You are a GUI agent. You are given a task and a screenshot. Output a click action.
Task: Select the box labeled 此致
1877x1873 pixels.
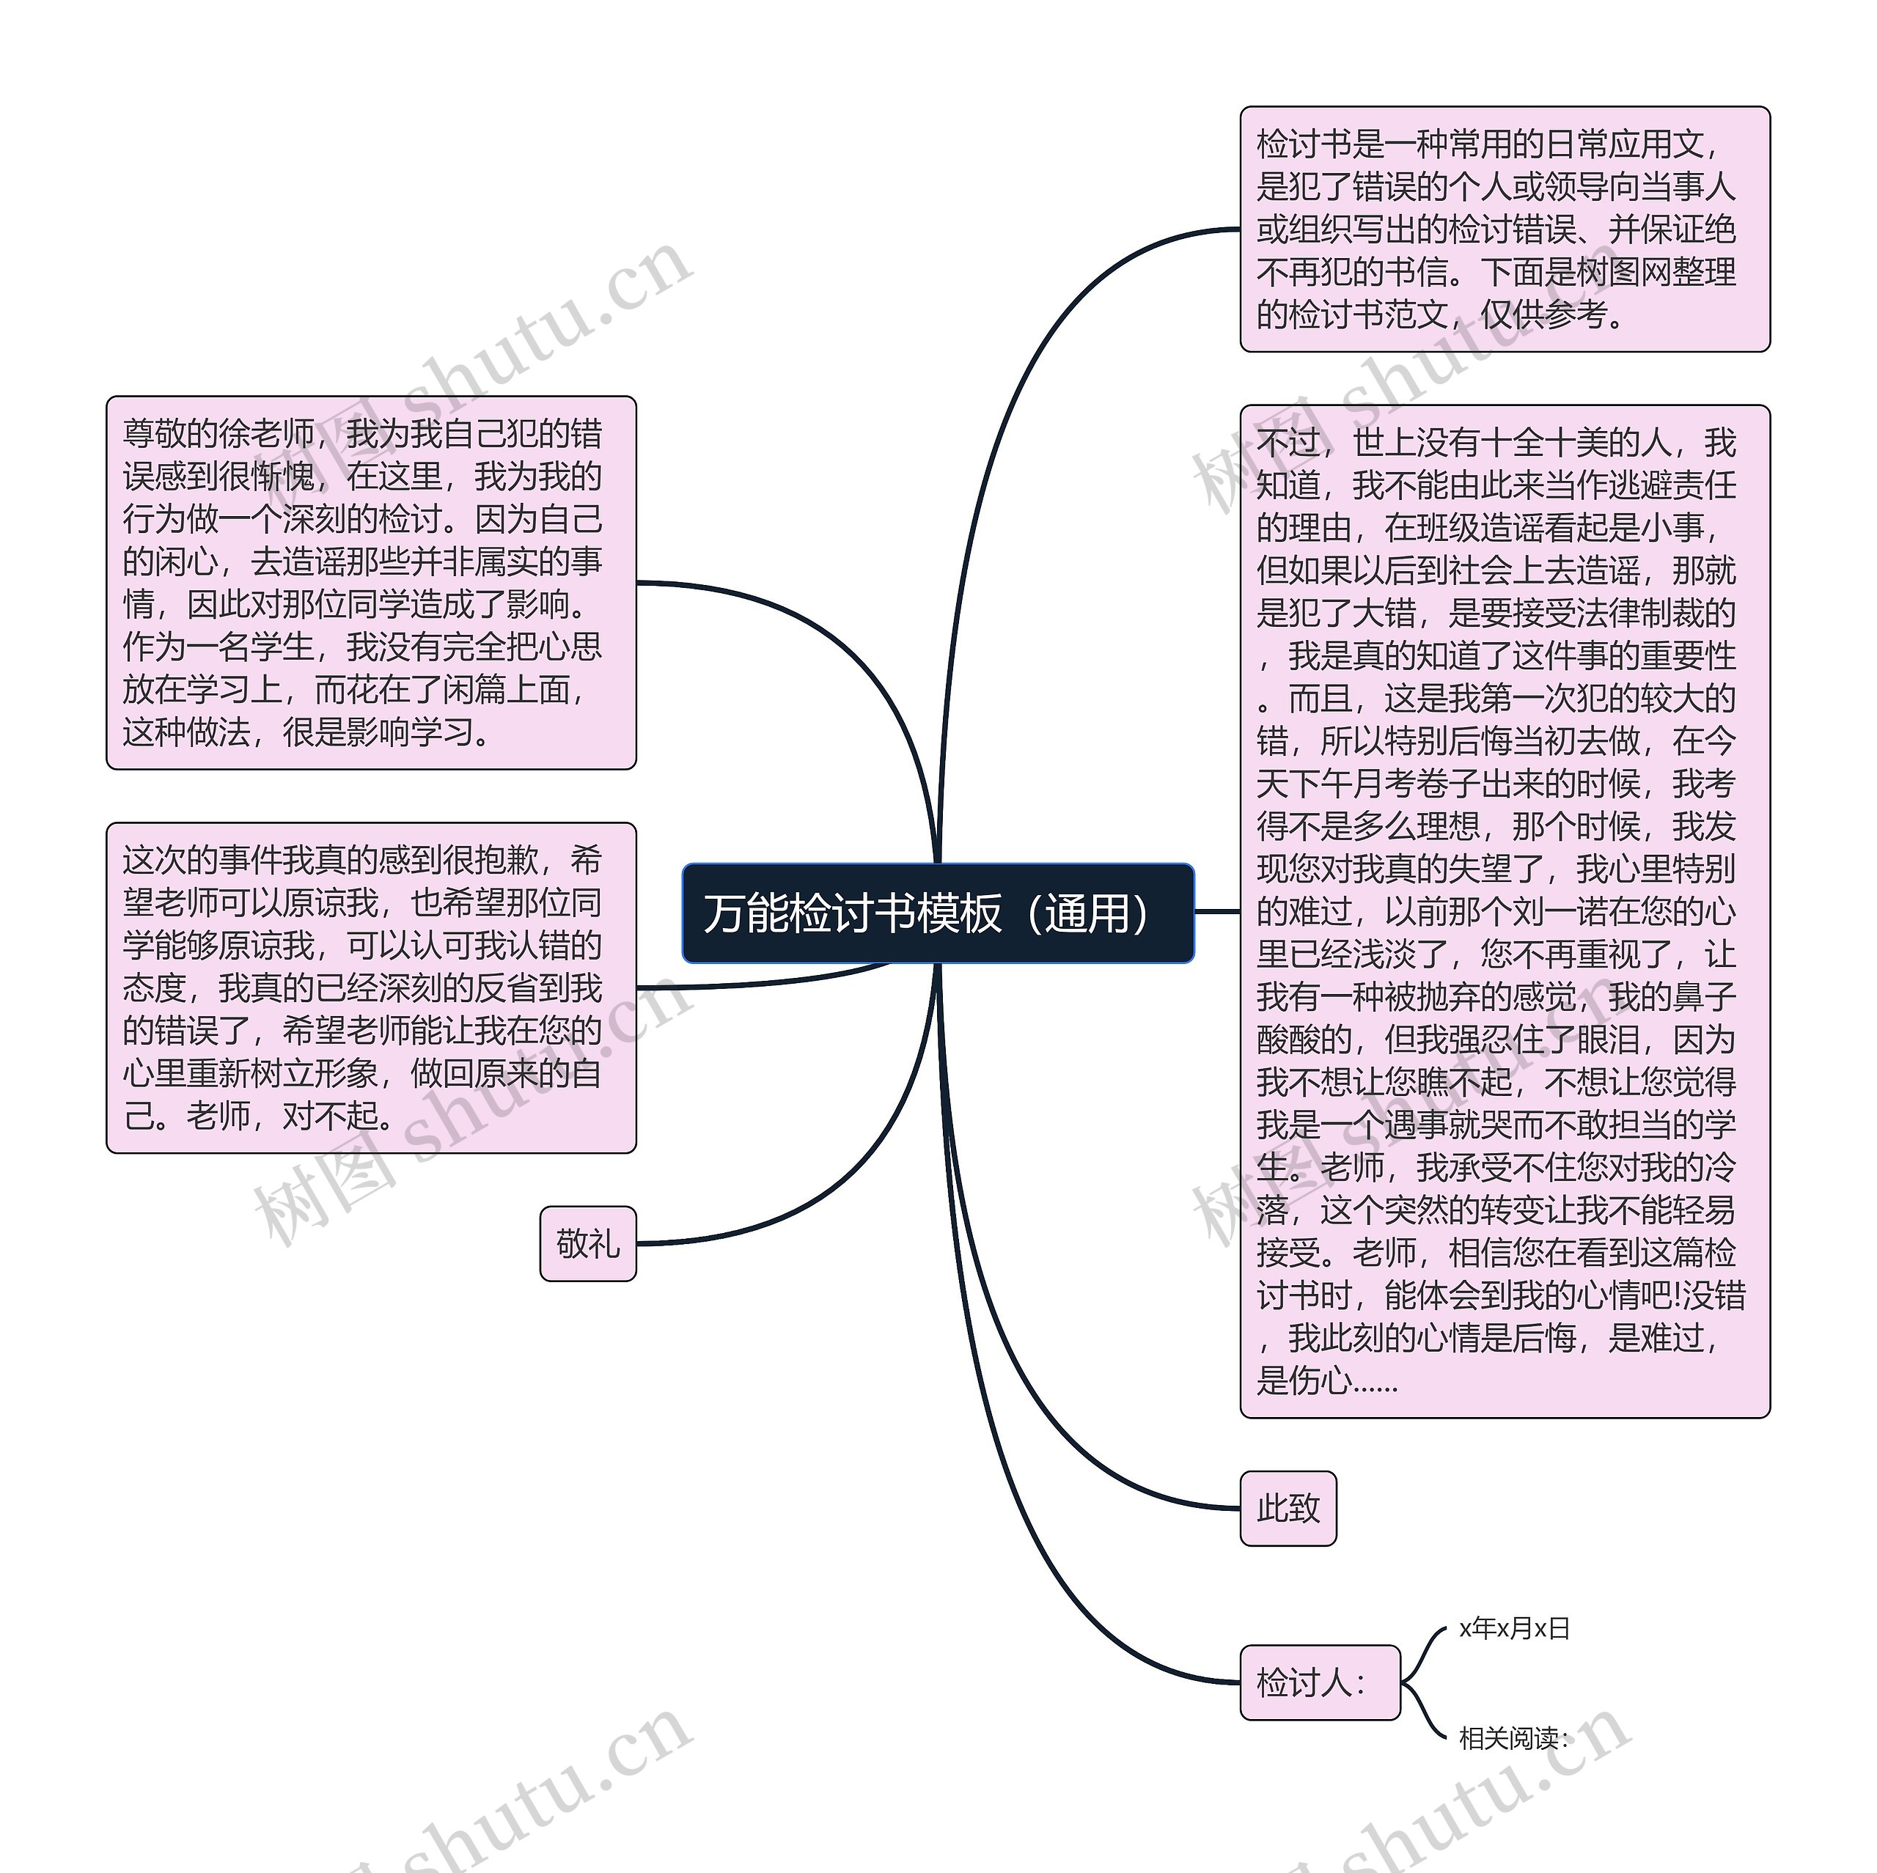click(x=1288, y=1509)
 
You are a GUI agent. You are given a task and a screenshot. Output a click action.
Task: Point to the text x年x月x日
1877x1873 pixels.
click(x=1513, y=1628)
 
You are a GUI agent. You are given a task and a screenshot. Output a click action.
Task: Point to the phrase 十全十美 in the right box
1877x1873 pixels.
click(x=1545, y=443)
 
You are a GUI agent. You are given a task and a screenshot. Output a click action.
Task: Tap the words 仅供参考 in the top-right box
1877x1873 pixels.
click(x=1545, y=314)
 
